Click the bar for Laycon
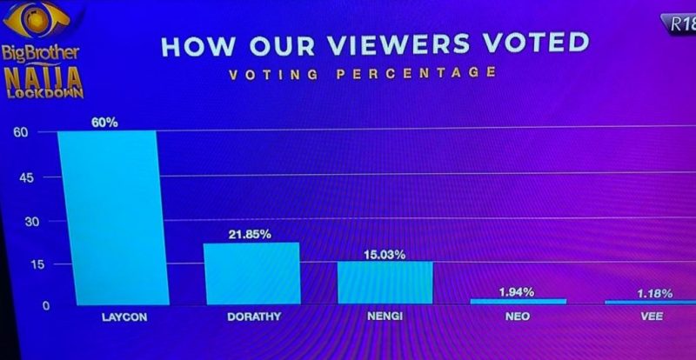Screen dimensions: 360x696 pyautogui.click(x=109, y=217)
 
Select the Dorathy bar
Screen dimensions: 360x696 pyautogui.click(x=251, y=273)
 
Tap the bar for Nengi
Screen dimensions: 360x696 pyautogui.click(x=385, y=283)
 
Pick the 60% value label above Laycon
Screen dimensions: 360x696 pyautogui.click(x=104, y=123)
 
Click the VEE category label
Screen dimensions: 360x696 pyautogui.click(x=652, y=317)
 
